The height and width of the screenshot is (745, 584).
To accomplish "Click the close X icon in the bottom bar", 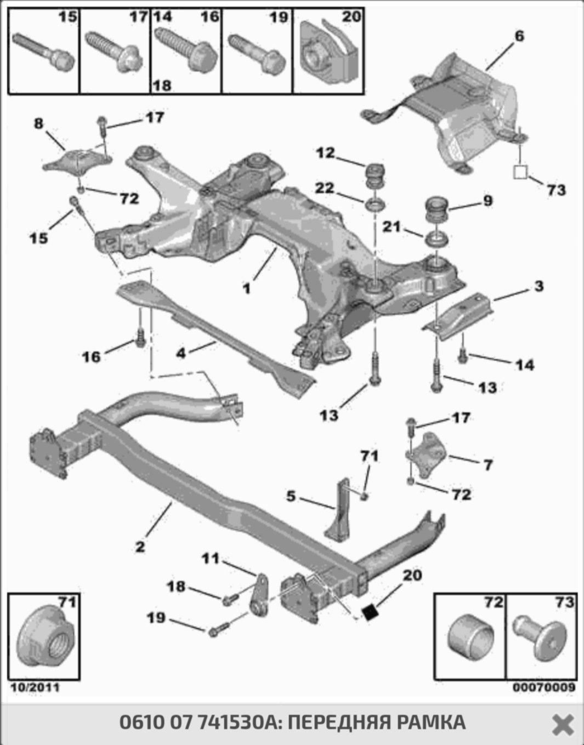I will click(x=562, y=724).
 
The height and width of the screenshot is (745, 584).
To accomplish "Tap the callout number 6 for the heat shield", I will click(x=519, y=36).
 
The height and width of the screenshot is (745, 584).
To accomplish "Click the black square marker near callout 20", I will click(x=371, y=612).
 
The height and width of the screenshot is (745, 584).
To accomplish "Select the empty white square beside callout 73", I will click(x=520, y=172).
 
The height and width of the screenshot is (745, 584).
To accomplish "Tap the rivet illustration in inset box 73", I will click(x=541, y=640).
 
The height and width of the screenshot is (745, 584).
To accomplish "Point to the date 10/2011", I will click(x=35, y=687).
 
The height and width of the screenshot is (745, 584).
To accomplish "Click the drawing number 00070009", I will click(x=544, y=687).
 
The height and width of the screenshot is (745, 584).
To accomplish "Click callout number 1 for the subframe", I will click(x=247, y=288).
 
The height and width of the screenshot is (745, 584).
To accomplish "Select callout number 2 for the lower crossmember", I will click(x=140, y=547).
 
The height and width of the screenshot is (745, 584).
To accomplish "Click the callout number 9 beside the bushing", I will click(x=487, y=201).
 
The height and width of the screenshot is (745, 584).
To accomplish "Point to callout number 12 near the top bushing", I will click(x=325, y=152).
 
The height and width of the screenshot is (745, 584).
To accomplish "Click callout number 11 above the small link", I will click(x=210, y=559).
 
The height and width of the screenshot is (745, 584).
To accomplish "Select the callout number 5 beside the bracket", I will click(x=291, y=496).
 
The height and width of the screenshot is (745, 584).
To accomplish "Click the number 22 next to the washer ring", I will click(x=324, y=188).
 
